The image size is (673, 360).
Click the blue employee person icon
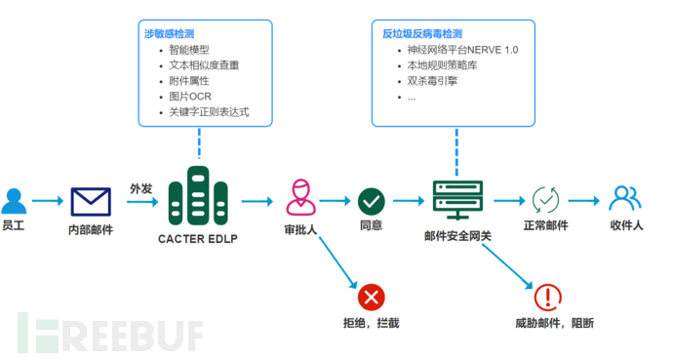click(x=14, y=201)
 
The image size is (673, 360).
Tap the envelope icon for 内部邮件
click(x=91, y=202)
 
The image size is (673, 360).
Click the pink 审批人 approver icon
click(x=299, y=199)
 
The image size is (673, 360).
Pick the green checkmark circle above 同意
click(x=371, y=202)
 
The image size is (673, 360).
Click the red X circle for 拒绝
click(x=371, y=297)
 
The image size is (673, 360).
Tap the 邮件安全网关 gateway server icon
click(x=455, y=201)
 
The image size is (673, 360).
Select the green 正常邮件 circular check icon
click(x=544, y=201)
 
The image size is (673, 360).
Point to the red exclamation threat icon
click(x=548, y=298)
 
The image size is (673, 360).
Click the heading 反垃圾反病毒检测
click(x=421, y=33)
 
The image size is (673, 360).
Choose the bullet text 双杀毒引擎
click(x=433, y=81)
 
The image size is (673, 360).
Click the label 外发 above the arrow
click(x=141, y=187)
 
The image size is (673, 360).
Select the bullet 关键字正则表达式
click(x=209, y=112)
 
